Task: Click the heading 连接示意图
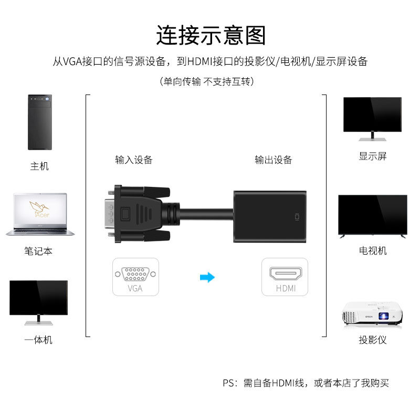211,35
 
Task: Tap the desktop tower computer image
40,122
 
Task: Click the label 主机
39,166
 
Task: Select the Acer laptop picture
40,215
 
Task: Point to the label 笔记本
38,251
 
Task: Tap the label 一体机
38,340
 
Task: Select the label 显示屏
373,156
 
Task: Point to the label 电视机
373,251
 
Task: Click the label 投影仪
373,340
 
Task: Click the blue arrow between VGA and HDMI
208,277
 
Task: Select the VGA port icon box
135,277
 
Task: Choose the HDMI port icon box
285,277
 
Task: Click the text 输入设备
134,160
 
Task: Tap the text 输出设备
273,160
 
